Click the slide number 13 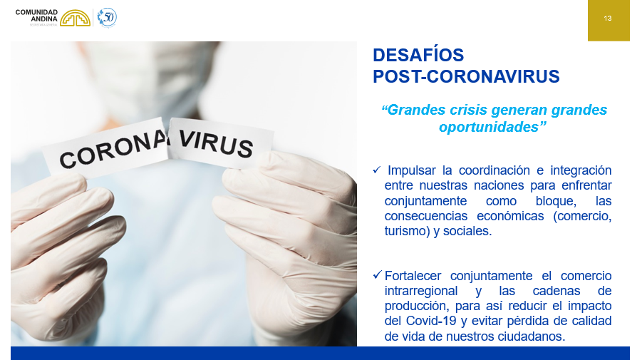(x=608, y=19)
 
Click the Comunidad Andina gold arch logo (x=76, y=18)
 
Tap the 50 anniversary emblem (x=107, y=18)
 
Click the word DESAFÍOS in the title (x=418, y=55)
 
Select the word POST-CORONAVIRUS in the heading (x=466, y=76)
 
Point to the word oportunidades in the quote (x=489, y=127)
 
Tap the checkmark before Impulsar (x=377, y=169)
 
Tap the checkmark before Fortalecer (x=378, y=275)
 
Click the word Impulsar (x=412, y=170)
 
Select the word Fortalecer (x=413, y=276)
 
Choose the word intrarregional (x=421, y=291)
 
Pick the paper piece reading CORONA (x=108, y=149)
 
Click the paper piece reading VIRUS (x=220, y=143)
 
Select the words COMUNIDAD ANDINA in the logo (x=36, y=16)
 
